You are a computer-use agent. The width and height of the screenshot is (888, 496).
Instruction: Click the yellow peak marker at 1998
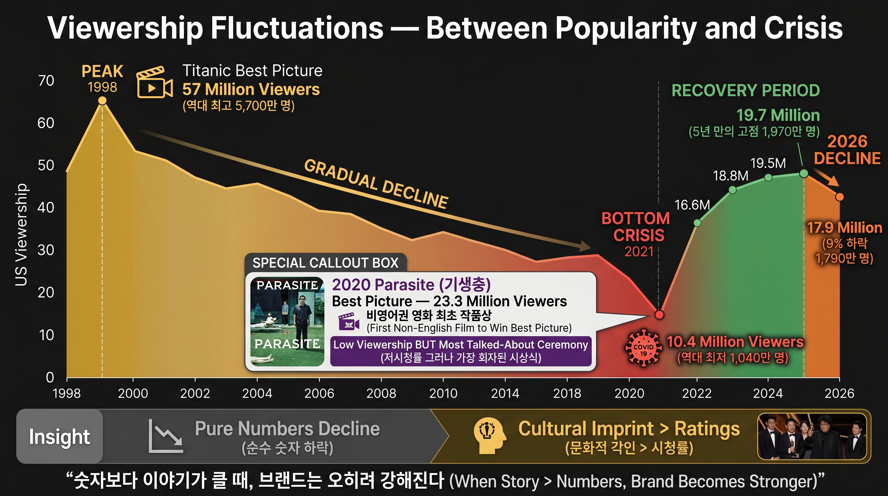coord(102,100)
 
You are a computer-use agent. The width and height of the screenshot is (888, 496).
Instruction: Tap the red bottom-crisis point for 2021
coord(659,314)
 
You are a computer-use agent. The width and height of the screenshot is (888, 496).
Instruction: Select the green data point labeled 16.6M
coord(697,223)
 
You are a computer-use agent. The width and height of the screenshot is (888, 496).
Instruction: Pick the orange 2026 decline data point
coord(839,197)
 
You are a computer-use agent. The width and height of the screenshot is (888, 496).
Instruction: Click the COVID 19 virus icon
coord(643,348)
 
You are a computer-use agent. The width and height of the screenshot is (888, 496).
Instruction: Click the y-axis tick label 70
coord(46,81)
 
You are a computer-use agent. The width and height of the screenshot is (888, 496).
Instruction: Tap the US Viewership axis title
coord(21,234)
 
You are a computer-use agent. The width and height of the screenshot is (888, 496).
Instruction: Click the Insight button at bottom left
coord(60,436)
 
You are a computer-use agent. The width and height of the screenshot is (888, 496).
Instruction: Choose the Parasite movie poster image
coord(287,322)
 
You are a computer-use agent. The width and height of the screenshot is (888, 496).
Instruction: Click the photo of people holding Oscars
coord(812,436)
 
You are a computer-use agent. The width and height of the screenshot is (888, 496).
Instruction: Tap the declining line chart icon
coord(166,436)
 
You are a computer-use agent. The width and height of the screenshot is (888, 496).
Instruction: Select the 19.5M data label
coord(768,163)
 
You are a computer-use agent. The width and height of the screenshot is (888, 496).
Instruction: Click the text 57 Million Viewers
coord(251,89)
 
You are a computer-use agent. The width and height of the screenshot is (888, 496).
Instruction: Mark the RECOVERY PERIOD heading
coord(746,90)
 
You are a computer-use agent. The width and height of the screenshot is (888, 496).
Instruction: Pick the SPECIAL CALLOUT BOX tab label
coord(325,263)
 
